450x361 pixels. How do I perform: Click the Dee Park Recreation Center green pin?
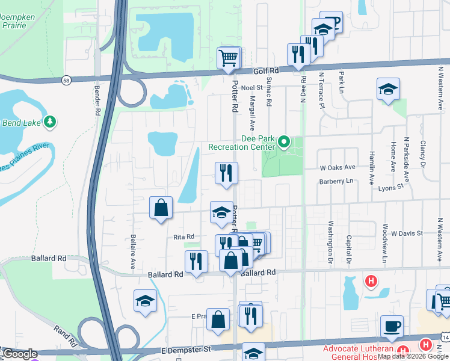284,143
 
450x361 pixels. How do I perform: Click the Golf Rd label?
267,71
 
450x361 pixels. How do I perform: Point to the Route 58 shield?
66,79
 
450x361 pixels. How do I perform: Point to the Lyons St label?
391,188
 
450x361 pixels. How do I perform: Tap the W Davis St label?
407,233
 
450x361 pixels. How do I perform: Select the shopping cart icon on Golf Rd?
229,58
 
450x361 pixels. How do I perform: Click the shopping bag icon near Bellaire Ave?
161,208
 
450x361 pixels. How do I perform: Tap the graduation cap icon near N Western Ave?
388,89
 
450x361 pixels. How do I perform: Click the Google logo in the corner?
20,354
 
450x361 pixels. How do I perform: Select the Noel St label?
248,88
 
